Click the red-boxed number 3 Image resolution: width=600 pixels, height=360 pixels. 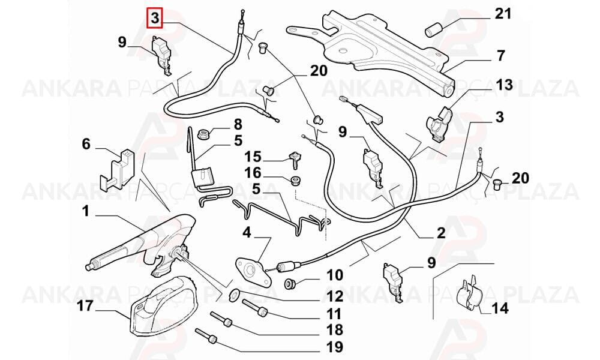click(x=155, y=18)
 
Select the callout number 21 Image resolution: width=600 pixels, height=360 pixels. click(x=503, y=14)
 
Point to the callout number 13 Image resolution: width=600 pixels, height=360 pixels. click(x=504, y=85)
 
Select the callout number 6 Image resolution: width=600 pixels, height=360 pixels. click(x=86, y=144)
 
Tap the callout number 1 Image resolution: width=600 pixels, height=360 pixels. click(x=85, y=211)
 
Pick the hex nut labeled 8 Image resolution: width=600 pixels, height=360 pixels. click(x=203, y=134)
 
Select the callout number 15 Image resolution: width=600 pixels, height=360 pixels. click(x=253, y=157)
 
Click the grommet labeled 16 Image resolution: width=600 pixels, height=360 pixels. click(x=295, y=180)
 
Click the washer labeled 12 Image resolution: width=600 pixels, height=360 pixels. click(x=233, y=294)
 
